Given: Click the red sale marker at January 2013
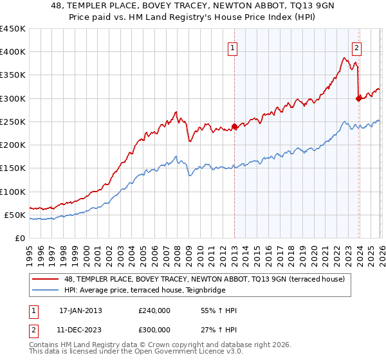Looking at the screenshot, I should coord(234,127).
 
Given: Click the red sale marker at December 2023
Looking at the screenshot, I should coord(358,98).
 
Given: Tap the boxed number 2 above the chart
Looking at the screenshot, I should coord(356,47).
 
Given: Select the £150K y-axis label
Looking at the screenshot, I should coord(13,168).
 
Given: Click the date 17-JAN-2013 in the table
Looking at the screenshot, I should coord(80,310).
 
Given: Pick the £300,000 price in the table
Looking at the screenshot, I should coord(154,330).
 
